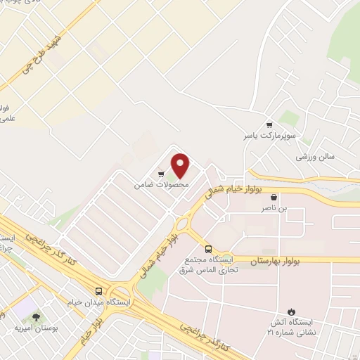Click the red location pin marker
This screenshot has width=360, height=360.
pyautogui.click(x=181, y=166)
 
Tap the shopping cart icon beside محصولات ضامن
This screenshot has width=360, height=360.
pyautogui.click(x=162, y=174)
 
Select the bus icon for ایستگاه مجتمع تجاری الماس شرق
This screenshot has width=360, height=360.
pyautogui.click(x=208, y=249)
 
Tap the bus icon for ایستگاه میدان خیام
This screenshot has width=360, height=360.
pyautogui.click(x=99, y=291)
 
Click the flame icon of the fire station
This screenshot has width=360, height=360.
pyautogui.click(x=292, y=311)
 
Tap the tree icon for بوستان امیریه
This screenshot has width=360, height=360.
pyautogui.click(x=32, y=316)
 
